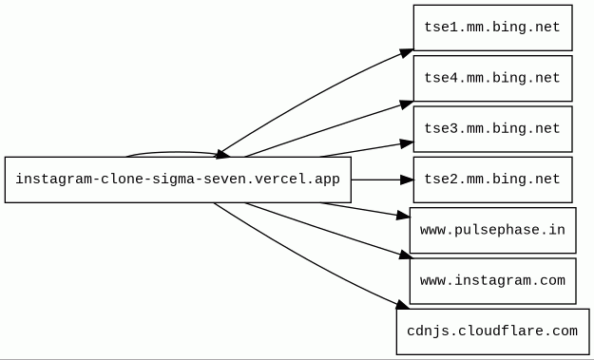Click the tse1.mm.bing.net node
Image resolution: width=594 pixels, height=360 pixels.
(493, 28)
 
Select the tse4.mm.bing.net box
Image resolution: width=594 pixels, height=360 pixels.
(493, 78)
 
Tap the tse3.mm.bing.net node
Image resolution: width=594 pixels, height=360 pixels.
(493, 129)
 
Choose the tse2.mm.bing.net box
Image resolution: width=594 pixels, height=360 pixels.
(493, 180)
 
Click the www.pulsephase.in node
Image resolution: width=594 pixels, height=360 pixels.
(493, 231)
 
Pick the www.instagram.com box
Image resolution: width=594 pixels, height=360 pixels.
(493, 281)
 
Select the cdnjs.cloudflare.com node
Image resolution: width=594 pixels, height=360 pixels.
(493, 332)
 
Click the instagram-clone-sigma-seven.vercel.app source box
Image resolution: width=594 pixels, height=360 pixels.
(178, 180)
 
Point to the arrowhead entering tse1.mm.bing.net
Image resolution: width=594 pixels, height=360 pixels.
(407, 53)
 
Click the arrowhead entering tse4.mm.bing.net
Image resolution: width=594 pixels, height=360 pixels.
(407, 104)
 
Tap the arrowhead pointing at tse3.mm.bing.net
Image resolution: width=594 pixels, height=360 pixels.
(407, 143)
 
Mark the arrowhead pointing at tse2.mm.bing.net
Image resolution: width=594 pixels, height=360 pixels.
(407, 180)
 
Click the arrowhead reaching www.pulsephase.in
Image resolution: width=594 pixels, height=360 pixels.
(404, 216)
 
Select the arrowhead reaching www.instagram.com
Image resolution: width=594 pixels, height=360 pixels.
(405, 256)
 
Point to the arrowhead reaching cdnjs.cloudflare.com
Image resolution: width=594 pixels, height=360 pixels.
(402, 305)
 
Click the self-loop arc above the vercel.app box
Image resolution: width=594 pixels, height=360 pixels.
(174, 153)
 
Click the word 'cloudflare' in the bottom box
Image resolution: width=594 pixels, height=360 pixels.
(501, 332)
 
